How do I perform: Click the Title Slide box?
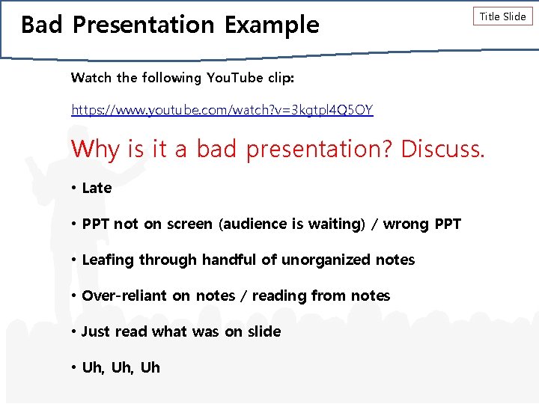[502, 16]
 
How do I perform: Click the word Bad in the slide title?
[42, 25]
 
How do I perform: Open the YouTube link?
[222, 110]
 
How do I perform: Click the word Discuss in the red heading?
[442, 149]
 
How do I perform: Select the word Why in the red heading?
[95, 149]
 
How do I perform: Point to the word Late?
[97, 188]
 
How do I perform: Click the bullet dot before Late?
[75, 188]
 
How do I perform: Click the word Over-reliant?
[125, 296]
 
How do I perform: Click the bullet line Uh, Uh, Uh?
[121, 367]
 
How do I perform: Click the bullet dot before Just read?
[75, 331]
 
